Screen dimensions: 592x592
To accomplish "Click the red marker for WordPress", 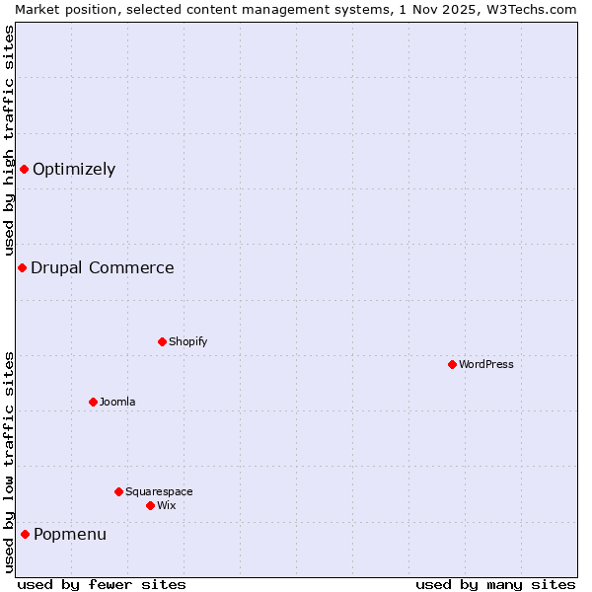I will point(452,364).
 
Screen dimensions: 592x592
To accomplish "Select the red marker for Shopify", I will point(162,341).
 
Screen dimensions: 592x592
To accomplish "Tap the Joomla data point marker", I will point(93,402).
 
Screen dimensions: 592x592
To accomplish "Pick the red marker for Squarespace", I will point(118,491).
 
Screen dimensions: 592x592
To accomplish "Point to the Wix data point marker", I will point(150,505).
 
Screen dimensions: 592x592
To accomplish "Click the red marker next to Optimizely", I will point(24,169).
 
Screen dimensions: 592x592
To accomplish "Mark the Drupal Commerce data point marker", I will point(22,267).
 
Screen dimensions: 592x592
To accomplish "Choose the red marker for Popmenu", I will point(25,534).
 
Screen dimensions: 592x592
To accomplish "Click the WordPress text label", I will point(486,364).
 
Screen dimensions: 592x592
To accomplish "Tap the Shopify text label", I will point(187,341).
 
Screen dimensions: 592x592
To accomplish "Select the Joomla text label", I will point(117,402).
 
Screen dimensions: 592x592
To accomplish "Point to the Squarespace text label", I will point(159,491).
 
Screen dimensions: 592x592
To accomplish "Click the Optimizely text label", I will point(74,169).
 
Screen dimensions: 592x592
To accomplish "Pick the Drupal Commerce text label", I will point(103,267).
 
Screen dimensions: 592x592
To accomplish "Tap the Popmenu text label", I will point(70,534).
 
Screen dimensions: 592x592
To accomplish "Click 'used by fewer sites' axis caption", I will point(102,584).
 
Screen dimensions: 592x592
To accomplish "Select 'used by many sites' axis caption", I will point(495,584).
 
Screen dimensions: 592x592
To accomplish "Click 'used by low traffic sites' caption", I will point(9,462).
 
